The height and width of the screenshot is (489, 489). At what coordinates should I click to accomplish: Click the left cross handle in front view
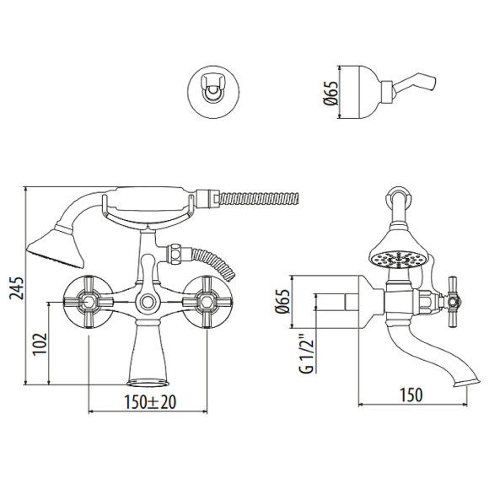(87, 298)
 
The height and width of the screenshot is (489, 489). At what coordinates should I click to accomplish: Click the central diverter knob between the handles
(148, 301)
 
